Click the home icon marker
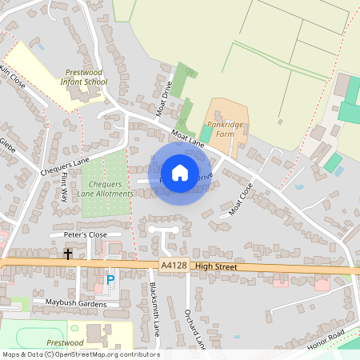coord(180,172)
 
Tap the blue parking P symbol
coord(110,281)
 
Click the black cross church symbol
coord(68,254)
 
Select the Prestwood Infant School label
coord(84,77)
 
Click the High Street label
coord(216,266)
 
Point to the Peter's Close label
coord(84,234)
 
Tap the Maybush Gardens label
coord(75,302)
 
